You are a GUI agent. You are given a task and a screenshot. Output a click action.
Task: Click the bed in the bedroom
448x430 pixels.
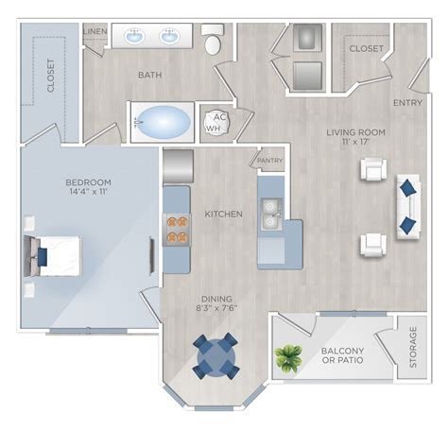tap(53, 252)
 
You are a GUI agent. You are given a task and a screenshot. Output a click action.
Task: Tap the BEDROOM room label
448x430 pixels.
tap(90, 181)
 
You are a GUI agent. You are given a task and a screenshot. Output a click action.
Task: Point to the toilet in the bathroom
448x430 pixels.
tap(214, 42)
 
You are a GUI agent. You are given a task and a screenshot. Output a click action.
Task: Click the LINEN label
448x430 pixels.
tap(95, 31)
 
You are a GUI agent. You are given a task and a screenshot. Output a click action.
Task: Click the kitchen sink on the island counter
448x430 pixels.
tap(270, 215)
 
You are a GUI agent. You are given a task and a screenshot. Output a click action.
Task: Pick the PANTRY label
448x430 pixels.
tap(269, 162)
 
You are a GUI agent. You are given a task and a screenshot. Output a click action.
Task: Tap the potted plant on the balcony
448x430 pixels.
tap(287, 357)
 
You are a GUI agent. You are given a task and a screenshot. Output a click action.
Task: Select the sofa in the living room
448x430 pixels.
tap(408, 206)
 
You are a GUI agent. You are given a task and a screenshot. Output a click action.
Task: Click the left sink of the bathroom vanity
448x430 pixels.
tap(133, 38)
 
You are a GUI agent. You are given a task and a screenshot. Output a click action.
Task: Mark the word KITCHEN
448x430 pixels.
tap(223, 215)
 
